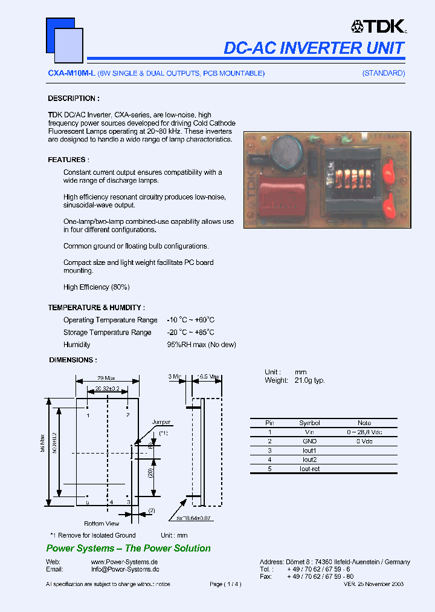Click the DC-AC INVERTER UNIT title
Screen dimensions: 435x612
tap(314, 48)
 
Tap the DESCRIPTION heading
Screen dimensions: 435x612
tap(74, 99)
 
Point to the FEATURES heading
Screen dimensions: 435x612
tap(68, 160)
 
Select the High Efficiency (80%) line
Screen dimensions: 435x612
tap(97, 287)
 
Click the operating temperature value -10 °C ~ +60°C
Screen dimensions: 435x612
tap(191, 320)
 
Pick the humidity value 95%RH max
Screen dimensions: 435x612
tap(201, 345)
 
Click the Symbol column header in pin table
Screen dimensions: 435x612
tap(309, 423)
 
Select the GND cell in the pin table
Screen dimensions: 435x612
tap(309, 441)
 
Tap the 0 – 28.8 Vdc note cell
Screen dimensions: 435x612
tap(364, 432)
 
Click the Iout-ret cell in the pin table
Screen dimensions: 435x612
tap(309, 469)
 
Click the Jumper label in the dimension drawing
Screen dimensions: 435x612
tap(161, 422)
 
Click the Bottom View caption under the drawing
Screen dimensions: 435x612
tap(101, 524)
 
